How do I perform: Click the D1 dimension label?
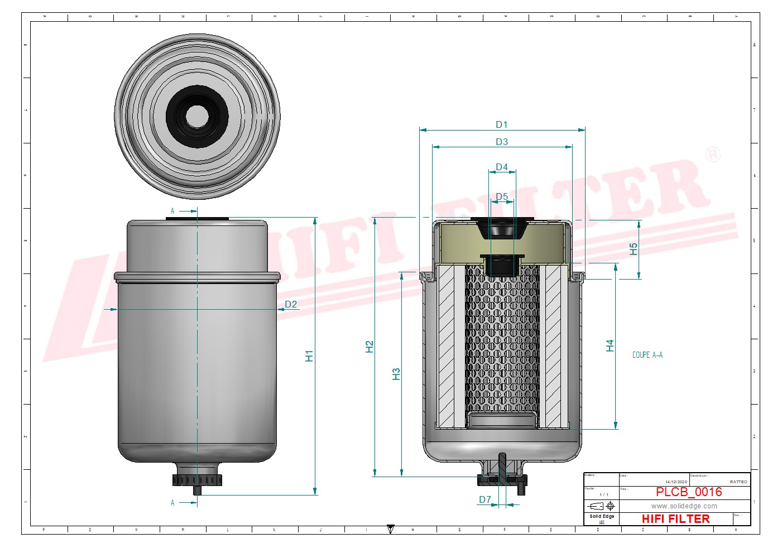(501, 125)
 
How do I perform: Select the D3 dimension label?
(501, 142)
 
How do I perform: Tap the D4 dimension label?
(501, 167)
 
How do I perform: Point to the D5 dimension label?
(501, 197)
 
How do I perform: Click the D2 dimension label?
(291, 305)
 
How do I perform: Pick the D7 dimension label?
(484, 500)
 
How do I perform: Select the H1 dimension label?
(309, 356)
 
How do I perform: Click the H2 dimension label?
(369, 347)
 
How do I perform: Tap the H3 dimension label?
(396, 374)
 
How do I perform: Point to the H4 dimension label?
(610, 346)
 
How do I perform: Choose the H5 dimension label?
(633, 249)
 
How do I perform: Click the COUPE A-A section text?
(647, 355)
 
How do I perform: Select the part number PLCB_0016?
(688, 492)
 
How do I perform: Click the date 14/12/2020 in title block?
(676, 482)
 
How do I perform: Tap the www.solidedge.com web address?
(684, 506)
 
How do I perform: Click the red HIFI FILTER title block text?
(675, 519)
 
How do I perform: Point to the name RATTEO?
(738, 482)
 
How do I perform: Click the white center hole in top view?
(197, 116)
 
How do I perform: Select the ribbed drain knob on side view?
(197, 480)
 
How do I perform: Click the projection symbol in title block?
(602, 506)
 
